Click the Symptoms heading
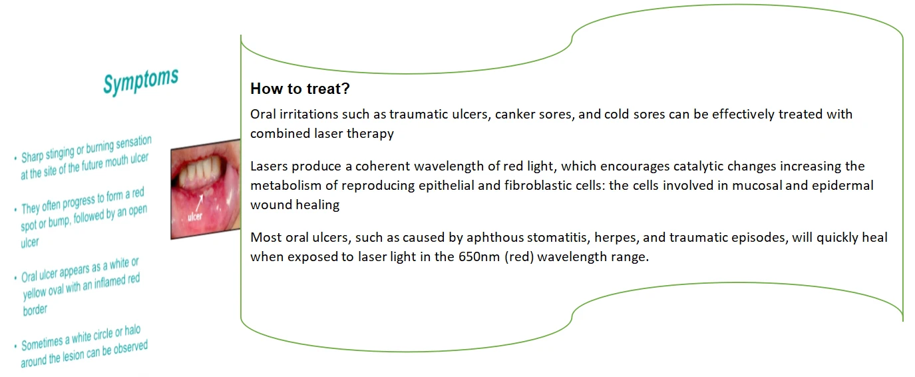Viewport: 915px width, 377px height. tap(141, 81)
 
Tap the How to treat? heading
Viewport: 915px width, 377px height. tap(300, 89)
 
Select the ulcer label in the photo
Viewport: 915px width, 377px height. tap(195, 216)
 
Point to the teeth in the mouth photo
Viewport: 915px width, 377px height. tap(200, 169)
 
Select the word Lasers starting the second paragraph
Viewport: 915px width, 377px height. tap(269, 167)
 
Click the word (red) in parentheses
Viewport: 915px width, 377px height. tap(519, 257)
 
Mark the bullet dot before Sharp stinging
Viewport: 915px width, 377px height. tap(15, 158)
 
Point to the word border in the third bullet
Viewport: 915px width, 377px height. tap(35, 310)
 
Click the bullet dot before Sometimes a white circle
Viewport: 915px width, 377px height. tap(15, 346)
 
